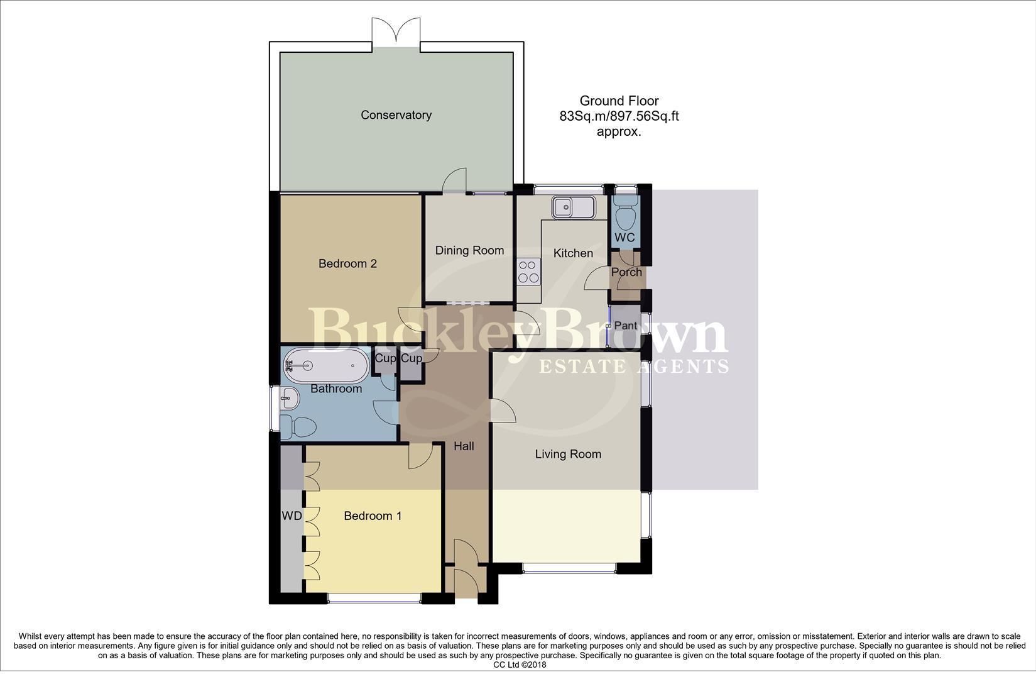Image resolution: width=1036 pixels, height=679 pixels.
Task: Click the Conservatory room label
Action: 396,115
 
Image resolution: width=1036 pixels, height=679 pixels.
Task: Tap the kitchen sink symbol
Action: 572,207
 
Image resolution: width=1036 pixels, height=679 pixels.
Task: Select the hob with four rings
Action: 528,272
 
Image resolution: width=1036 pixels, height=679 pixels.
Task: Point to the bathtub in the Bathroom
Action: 326,365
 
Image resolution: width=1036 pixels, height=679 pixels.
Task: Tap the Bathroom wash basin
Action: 290,397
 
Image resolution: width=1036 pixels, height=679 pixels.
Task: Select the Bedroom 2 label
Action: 347,263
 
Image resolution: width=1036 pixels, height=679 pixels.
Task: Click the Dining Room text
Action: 469,250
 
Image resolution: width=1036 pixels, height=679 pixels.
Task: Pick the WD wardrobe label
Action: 292,516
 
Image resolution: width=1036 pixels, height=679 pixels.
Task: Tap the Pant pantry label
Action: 625,326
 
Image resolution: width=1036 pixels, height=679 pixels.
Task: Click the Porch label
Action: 626,272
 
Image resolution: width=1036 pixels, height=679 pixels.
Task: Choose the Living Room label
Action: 568,454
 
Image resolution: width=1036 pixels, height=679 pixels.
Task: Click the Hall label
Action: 464,446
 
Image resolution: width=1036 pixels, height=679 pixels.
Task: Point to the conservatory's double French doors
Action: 396,31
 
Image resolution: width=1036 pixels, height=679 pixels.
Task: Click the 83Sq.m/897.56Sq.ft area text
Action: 619,116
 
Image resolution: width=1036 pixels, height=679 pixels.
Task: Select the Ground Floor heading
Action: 619,101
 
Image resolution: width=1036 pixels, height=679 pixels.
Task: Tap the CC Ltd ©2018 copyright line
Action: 520,665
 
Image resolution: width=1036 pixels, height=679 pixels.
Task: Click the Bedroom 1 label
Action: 373,516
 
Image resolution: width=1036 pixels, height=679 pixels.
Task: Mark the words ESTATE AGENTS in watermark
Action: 634,366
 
